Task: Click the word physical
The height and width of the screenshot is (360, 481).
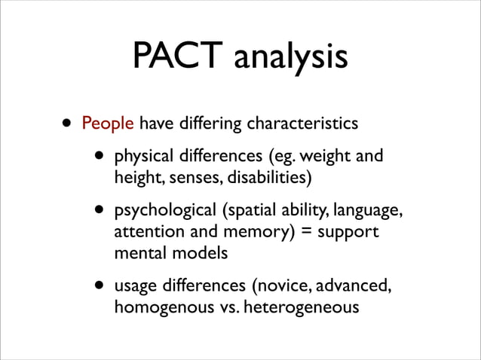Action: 142,157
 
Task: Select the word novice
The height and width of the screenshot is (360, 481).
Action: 283,287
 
